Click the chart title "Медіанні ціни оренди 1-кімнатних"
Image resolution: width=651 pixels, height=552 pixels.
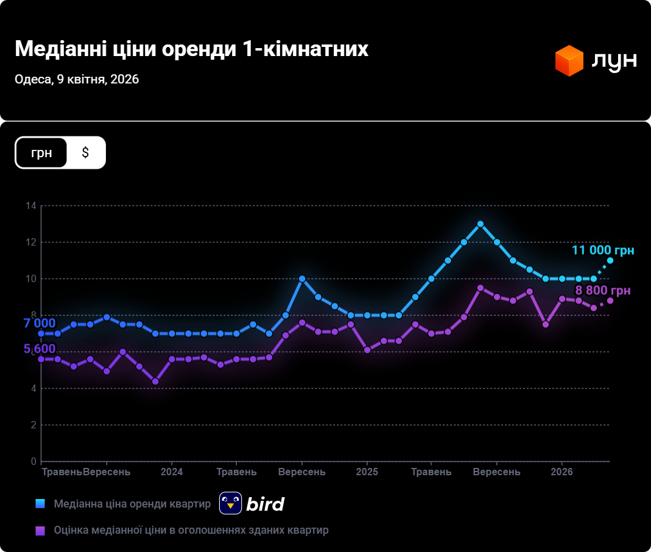coord(191,49)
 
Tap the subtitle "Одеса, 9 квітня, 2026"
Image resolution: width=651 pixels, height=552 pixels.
coord(77,80)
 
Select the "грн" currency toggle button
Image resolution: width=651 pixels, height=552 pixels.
coord(41,152)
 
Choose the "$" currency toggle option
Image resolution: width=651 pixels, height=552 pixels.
coord(85,152)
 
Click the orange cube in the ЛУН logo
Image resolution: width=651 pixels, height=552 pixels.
coord(569,60)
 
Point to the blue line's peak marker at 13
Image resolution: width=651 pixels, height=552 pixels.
coord(480,224)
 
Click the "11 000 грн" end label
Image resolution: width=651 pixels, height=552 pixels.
coord(602,250)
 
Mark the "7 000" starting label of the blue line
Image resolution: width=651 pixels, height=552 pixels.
coord(40,324)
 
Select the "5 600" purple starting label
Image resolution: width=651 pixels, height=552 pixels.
coord(40,349)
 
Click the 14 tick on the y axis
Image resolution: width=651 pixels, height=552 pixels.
coord(31,206)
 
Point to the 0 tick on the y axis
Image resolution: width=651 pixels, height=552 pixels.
coord(33,461)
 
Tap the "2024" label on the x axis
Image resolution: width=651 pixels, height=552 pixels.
coord(172,472)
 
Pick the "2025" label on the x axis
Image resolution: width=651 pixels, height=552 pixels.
coord(367,472)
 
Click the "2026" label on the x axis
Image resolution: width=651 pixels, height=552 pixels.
coord(561,472)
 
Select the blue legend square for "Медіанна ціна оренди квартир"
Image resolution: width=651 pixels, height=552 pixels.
coord(41,504)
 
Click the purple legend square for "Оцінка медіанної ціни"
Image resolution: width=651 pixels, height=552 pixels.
coord(41,530)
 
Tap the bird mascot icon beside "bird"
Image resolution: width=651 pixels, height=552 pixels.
coord(231,503)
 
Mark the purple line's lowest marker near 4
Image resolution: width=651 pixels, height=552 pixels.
coord(155,381)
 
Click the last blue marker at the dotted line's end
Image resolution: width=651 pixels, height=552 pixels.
coord(610,261)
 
